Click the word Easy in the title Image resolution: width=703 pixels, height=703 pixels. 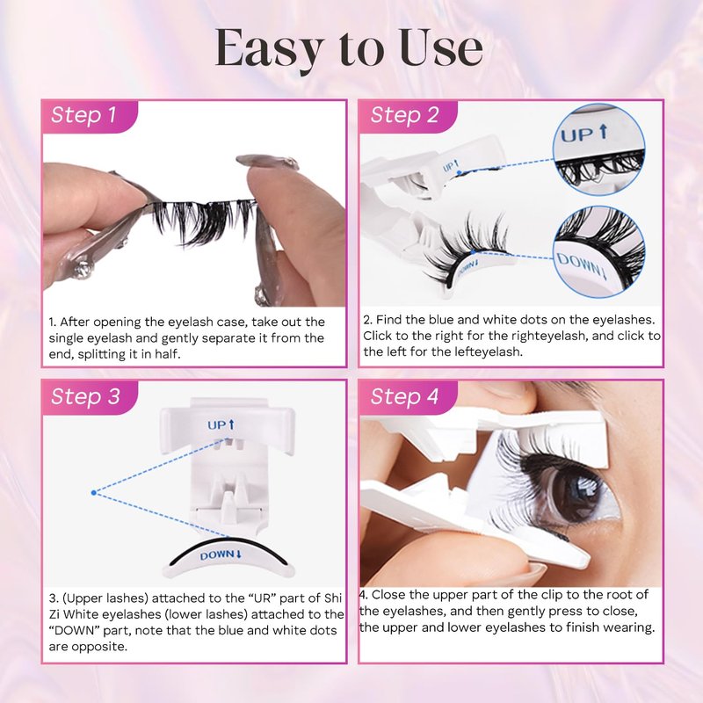[270, 49]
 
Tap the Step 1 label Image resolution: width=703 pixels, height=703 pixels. [83, 115]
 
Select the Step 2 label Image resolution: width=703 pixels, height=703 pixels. [404, 115]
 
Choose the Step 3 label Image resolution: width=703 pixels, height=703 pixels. [85, 396]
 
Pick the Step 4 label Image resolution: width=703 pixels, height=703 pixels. [404, 396]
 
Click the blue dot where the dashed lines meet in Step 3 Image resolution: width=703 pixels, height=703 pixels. [94, 493]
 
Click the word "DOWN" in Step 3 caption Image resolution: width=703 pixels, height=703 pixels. [74, 630]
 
